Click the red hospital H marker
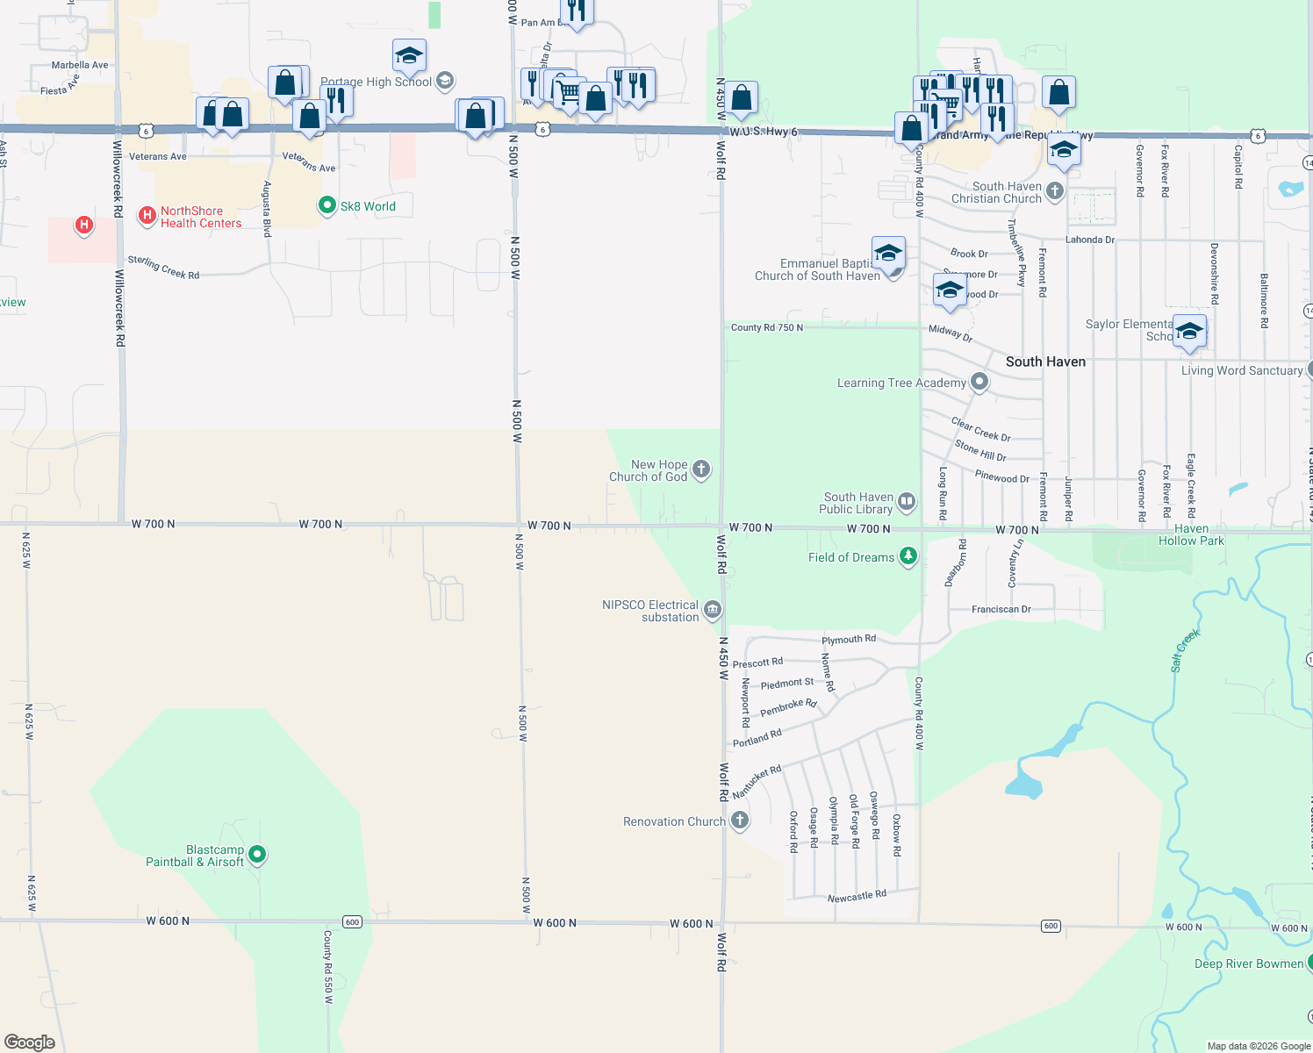pyautogui.click(x=84, y=226)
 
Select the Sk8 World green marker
pyautogui.click(x=327, y=205)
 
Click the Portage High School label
pyautogui.click(x=376, y=82)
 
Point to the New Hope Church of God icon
pyautogui.click(x=701, y=469)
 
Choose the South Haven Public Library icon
pyautogui.click(x=907, y=502)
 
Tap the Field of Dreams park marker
pyautogui.click(x=908, y=556)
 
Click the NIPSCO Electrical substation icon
pyautogui.click(x=713, y=609)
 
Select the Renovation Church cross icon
pyautogui.click(x=740, y=820)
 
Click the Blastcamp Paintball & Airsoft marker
pyautogui.click(x=257, y=854)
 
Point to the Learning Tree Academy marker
pyautogui.click(x=979, y=382)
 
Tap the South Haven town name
pyautogui.click(x=1045, y=362)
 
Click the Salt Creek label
pyautogui.click(x=1185, y=650)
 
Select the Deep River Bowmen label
pyautogui.click(x=1249, y=963)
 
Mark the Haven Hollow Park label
pyautogui.click(x=1191, y=534)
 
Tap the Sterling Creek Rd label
pyautogui.click(x=163, y=268)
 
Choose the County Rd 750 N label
pyautogui.click(x=766, y=327)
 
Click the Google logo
pyautogui.click(x=30, y=1042)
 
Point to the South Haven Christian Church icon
pyautogui.click(x=1055, y=190)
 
